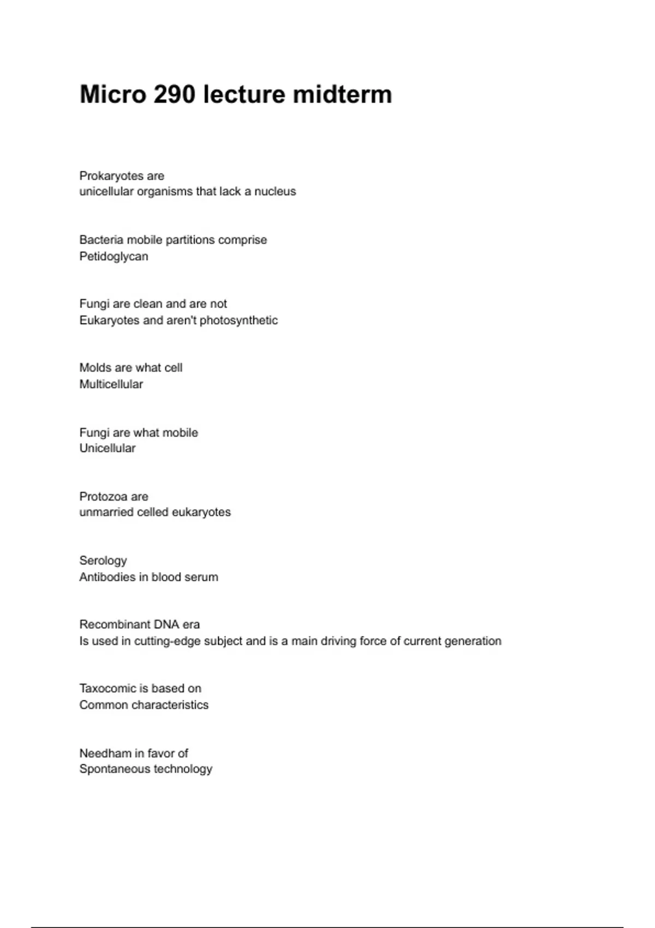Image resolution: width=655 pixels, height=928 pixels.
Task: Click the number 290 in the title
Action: [174, 94]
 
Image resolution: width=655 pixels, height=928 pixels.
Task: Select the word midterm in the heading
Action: [342, 94]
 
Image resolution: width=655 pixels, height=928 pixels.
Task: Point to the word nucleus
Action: [275, 192]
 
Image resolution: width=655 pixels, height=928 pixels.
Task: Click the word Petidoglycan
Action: [114, 257]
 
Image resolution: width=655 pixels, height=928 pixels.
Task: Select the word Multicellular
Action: [111, 384]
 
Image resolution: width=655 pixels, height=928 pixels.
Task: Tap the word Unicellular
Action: [108, 448]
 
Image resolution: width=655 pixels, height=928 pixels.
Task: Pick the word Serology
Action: [103, 561]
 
